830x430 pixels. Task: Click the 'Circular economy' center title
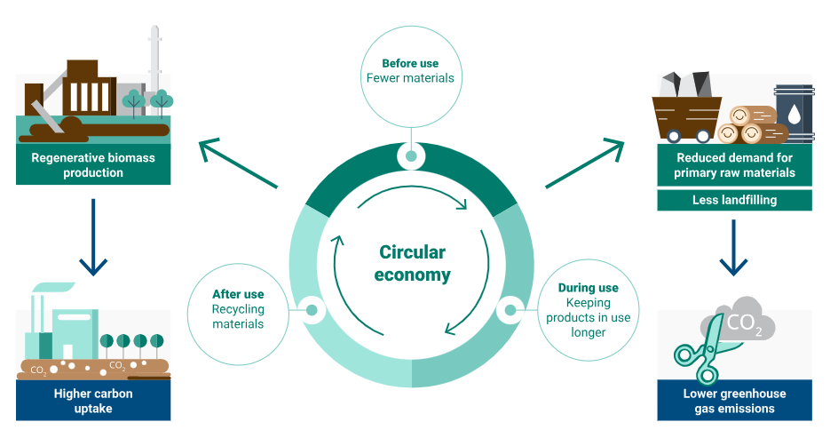pyautogui.click(x=412, y=264)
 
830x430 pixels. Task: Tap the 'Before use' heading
pyautogui.click(x=410, y=63)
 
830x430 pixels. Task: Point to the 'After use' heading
pyautogui.click(x=238, y=294)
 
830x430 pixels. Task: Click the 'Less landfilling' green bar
pyautogui.click(x=734, y=200)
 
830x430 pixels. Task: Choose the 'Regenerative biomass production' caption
pyautogui.click(x=93, y=165)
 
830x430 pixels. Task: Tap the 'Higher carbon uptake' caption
pyautogui.click(x=93, y=401)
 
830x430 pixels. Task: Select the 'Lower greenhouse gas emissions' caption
pyautogui.click(x=734, y=401)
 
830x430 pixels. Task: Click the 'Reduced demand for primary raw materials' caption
pyautogui.click(x=734, y=165)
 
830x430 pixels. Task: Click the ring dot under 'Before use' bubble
pyautogui.click(x=411, y=156)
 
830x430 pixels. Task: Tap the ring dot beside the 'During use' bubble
pyautogui.click(x=511, y=310)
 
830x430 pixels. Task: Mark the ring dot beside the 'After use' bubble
pyautogui.click(x=312, y=310)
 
